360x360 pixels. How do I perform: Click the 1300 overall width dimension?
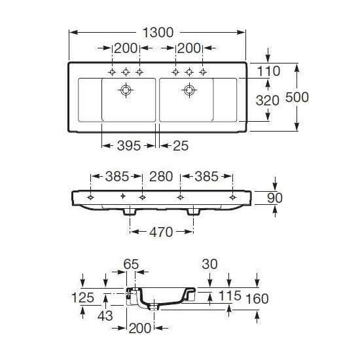tap(158, 32)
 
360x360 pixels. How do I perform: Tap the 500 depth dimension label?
tap(297, 97)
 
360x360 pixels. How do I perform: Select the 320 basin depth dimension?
tap(268, 101)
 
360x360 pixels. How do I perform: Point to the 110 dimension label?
tap(268, 71)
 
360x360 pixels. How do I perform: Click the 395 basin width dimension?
tap(129, 146)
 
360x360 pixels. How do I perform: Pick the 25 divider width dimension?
tap(181, 146)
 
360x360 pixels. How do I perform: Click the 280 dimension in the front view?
tap(161, 177)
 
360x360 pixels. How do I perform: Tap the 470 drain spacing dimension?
tap(161, 232)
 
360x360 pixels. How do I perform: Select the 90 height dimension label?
tap(275, 198)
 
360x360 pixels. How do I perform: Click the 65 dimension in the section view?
tap(131, 264)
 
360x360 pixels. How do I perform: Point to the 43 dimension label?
tap(105, 315)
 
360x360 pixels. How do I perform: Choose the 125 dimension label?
tap(83, 298)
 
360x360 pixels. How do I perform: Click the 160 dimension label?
tap(257, 299)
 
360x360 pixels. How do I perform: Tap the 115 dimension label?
tap(230, 296)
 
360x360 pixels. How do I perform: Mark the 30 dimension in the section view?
tap(209, 264)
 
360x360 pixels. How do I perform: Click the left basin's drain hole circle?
tap(126, 90)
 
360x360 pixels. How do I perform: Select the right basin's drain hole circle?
tap(189, 90)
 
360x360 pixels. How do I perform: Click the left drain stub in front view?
tap(130, 212)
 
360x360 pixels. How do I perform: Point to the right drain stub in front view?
tap(193, 212)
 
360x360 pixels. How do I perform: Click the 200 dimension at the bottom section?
tap(140, 329)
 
